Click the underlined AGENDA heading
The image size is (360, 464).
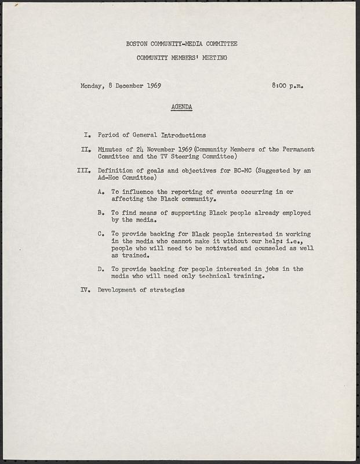click(182, 107)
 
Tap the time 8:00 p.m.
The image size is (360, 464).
click(288, 86)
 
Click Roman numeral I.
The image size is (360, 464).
click(86, 135)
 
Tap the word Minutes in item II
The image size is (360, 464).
click(110, 150)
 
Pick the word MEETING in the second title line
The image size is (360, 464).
click(214, 58)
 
